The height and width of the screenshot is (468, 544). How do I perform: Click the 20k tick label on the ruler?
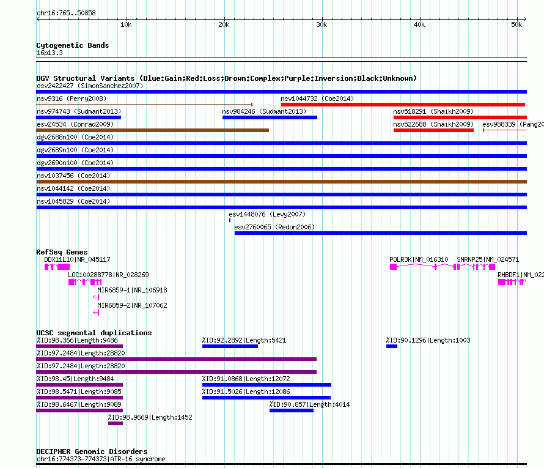(x=224, y=24)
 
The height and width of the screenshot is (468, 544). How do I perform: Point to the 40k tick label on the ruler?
(x=419, y=24)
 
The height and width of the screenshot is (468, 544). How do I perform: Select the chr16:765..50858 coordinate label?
(x=66, y=13)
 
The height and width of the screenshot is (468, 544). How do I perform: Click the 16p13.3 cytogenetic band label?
(x=50, y=53)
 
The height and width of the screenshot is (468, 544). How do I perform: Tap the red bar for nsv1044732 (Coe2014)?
(x=403, y=105)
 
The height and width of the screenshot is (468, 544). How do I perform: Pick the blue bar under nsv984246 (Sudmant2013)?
(x=270, y=117)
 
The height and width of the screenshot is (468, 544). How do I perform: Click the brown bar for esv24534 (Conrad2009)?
(x=153, y=130)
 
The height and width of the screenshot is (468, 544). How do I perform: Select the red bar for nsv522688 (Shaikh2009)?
(x=434, y=130)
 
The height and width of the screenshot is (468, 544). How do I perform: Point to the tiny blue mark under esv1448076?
(x=230, y=220)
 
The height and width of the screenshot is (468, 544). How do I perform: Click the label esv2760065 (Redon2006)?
(x=274, y=227)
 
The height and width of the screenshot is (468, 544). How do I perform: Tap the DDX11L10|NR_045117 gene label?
(x=77, y=259)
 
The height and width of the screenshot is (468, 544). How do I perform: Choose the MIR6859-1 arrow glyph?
(x=96, y=297)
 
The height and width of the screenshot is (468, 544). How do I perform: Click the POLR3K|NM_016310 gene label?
(x=419, y=259)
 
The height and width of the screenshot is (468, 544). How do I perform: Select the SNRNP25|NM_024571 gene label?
(x=488, y=259)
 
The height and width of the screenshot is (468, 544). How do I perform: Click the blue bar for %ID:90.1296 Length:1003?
(x=392, y=346)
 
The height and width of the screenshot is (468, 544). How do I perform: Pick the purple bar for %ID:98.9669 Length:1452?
(x=115, y=423)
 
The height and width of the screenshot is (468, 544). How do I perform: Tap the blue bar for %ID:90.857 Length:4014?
(x=292, y=410)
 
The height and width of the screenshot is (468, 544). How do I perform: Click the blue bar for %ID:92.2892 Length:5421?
(x=230, y=346)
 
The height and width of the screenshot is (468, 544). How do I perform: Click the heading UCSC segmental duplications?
(x=94, y=333)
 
